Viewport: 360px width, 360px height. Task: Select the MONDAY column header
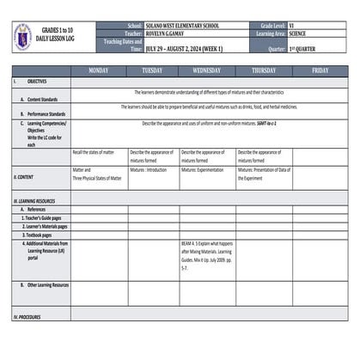[99, 70]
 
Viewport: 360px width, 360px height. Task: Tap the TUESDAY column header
[153, 70]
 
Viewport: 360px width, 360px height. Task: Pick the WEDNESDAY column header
[206, 70]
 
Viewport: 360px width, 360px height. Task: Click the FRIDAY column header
[320, 70]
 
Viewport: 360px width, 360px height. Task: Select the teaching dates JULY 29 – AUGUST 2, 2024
[183, 49]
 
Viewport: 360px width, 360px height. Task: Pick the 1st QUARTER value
[302, 49]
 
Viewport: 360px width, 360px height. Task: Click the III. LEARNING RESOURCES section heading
[35, 201]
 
